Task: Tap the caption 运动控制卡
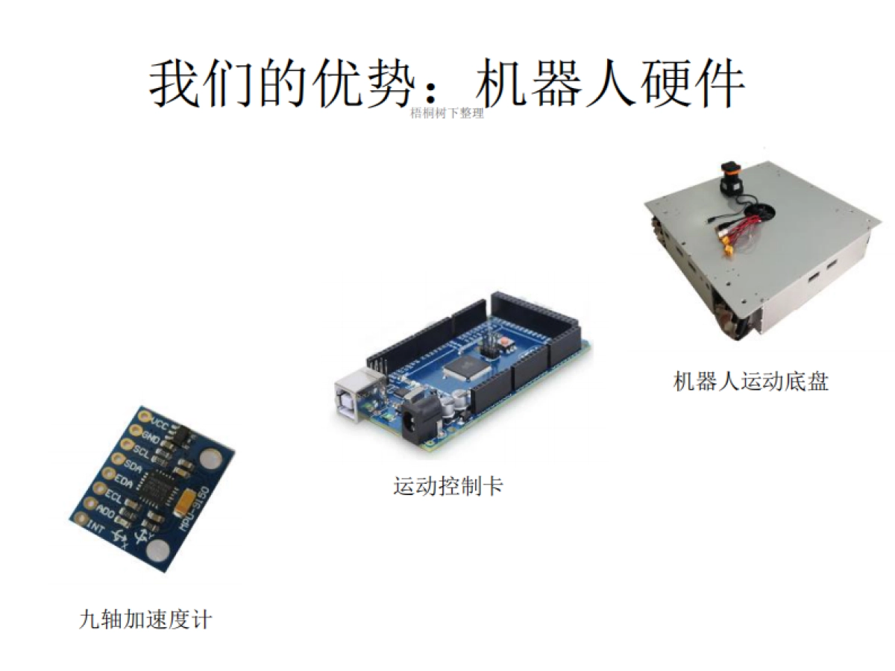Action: click(448, 487)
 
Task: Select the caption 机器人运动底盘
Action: click(750, 382)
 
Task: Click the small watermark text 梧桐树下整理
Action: click(447, 113)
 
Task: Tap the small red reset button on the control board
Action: click(506, 342)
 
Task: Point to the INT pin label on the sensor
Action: click(96, 526)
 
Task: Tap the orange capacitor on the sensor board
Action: click(186, 498)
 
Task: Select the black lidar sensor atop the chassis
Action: click(731, 179)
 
